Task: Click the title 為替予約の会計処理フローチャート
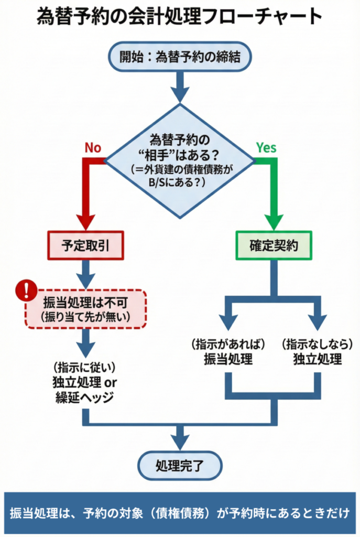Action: point(180,17)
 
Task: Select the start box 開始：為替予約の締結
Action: point(180,57)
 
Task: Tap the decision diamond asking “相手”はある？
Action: point(180,159)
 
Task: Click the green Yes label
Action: point(266,148)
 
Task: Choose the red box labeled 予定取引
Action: point(85,245)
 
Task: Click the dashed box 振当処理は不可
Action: point(85,309)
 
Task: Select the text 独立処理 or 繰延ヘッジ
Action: point(84,389)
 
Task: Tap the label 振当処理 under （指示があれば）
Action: point(228,359)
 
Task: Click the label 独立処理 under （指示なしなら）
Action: point(318,359)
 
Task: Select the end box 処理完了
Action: point(180,464)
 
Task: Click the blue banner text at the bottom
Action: point(180,512)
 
